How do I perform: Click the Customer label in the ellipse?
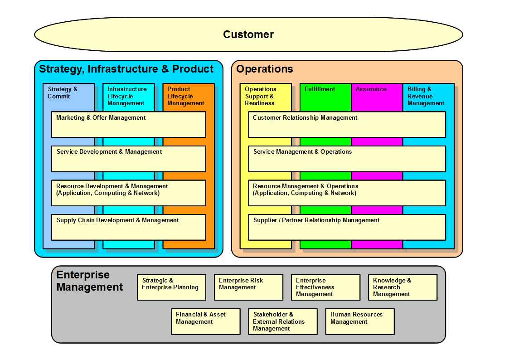click(248, 34)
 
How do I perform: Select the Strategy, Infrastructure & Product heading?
click(126, 69)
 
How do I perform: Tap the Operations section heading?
click(265, 69)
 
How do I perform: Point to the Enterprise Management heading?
click(90, 281)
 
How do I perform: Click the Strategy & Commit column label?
click(63, 93)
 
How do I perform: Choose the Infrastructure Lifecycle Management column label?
click(127, 96)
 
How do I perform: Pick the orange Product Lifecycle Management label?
click(186, 96)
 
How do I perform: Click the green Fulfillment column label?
click(320, 89)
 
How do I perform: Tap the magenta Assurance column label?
click(371, 89)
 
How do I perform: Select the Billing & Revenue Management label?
click(426, 96)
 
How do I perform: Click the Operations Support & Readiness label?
click(260, 96)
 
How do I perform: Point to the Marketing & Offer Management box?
click(129, 124)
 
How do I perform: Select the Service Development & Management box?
click(129, 158)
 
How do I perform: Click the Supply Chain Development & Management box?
click(129, 227)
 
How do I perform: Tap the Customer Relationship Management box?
click(347, 124)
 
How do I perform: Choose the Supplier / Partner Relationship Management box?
click(347, 227)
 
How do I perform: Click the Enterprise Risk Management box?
click(248, 287)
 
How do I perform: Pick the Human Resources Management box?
click(360, 321)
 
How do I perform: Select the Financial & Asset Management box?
click(206, 321)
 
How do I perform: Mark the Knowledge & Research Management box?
click(402, 287)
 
